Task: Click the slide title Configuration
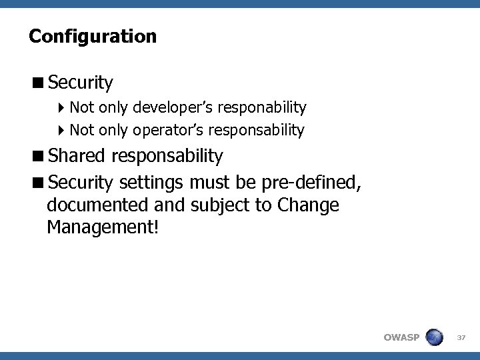pos(93,36)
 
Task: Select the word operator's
pos(167,130)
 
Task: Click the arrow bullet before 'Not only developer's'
pos(62,107)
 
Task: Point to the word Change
pos(309,205)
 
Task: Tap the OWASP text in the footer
pos(402,337)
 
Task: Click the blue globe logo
pos(434,337)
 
